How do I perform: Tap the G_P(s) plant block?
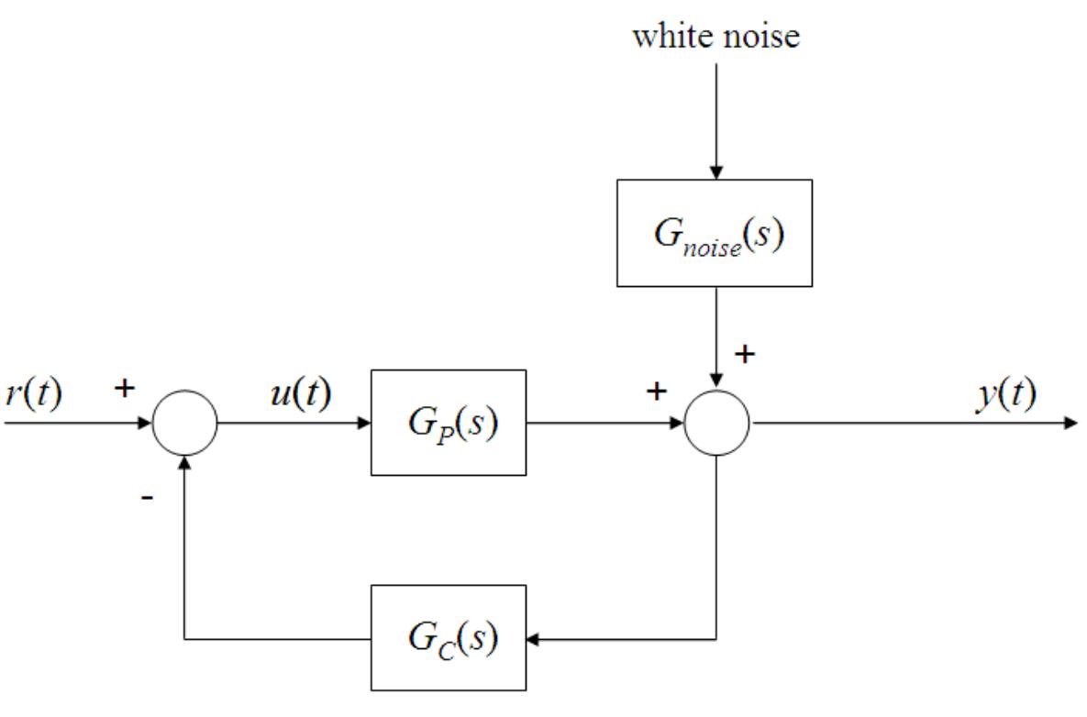click(449, 423)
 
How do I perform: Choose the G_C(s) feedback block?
click(449, 637)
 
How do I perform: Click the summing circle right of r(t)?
click(184, 423)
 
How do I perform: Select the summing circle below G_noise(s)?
click(716, 423)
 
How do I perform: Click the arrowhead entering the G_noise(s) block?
click(716, 172)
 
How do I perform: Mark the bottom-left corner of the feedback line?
click(184, 638)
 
